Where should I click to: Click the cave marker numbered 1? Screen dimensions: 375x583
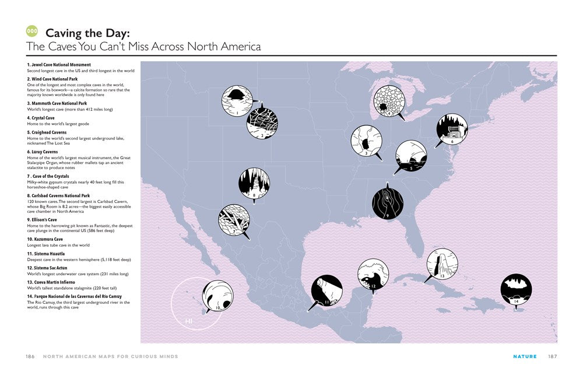click(x=237, y=101)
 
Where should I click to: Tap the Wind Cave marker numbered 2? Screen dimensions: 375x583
click(x=262, y=122)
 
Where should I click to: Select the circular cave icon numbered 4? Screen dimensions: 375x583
click(x=388, y=100)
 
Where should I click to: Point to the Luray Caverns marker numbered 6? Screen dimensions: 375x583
click(x=452, y=129)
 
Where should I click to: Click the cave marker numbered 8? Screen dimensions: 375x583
click(x=254, y=183)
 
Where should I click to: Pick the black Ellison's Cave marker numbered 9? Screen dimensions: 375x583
click(x=388, y=202)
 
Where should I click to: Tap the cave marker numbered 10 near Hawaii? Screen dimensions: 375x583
click(x=217, y=296)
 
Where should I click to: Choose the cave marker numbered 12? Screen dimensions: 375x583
click(x=373, y=274)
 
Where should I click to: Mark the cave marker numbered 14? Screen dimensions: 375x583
click(x=516, y=289)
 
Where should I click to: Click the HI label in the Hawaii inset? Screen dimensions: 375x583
click(x=189, y=321)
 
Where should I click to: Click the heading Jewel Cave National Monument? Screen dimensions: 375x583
click(x=59, y=65)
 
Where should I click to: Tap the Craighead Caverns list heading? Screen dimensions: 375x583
click(x=47, y=132)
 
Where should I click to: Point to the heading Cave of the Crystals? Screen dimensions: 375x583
click(x=48, y=176)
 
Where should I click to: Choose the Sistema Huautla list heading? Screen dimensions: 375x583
click(x=44, y=254)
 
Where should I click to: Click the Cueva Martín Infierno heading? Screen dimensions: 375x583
click(x=51, y=282)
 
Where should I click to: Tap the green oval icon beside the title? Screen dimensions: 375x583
click(x=33, y=31)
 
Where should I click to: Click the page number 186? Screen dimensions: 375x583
click(x=30, y=356)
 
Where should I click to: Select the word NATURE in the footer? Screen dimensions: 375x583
click(x=525, y=356)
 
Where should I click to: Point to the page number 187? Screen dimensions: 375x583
click(x=553, y=356)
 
